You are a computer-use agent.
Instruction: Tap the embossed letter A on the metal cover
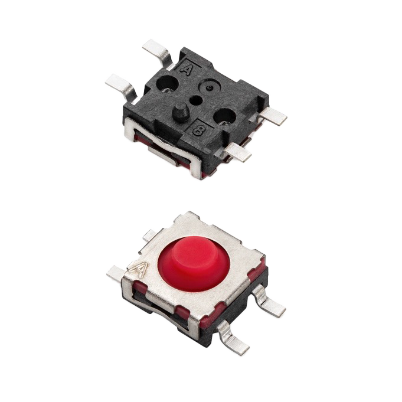(140, 269)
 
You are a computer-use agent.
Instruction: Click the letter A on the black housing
(186, 69)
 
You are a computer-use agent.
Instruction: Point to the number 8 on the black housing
(198, 130)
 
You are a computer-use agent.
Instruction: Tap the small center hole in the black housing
(196, 100)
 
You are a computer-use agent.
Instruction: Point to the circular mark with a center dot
(210, 87)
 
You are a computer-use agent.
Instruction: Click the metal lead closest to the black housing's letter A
(157, 53)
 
